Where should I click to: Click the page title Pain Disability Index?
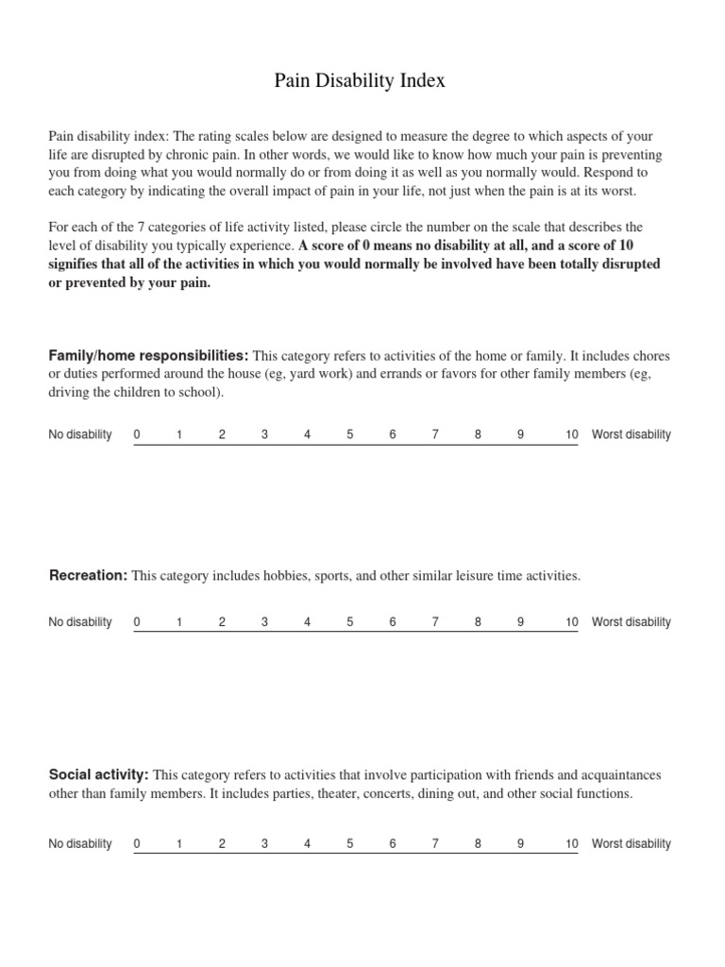360,82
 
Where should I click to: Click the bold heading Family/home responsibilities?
148,356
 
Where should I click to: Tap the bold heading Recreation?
88,575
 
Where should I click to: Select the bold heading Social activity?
99,775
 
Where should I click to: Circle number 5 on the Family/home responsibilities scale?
350,434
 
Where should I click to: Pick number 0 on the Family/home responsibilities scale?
137,434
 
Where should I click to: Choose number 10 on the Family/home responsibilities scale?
571,434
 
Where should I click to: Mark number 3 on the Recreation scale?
264,622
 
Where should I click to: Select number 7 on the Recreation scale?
435,622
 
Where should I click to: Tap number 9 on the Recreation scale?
520,622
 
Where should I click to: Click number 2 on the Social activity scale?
222,844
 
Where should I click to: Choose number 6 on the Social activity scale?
393,844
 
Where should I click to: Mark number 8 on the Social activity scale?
478,844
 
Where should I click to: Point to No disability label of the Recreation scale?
80,622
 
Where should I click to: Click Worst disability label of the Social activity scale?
631,844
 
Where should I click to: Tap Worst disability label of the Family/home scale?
631,434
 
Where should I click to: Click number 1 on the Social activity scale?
179,844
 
